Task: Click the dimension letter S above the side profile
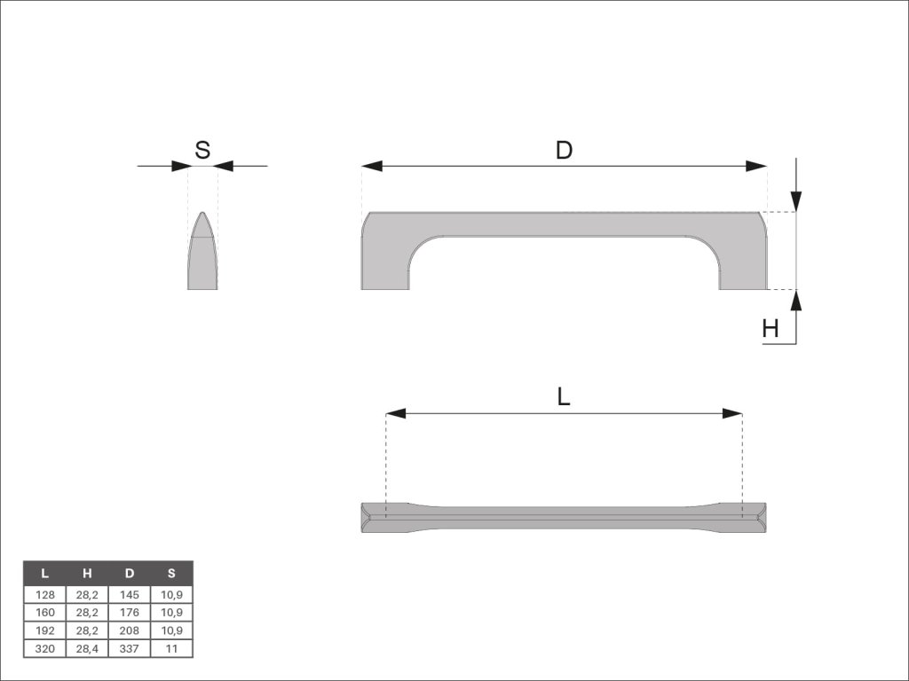(202, 150)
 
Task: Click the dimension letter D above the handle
(564, 150)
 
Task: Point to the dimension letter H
(770, 329)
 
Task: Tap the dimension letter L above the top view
(564, 397)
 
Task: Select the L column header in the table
(44, 574)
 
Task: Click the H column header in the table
(87, 574)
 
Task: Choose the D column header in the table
(130, 574)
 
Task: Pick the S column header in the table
(171, 574)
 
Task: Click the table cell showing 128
(44, 595)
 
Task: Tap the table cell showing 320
(44, 648)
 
